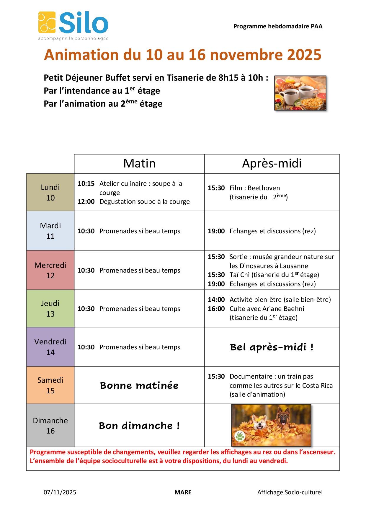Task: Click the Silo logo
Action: [73, 25]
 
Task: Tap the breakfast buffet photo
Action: [300, 93]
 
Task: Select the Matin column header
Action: [139, 164]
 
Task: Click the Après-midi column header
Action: [272, 164]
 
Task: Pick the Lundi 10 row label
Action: [50, 193]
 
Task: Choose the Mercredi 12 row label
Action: [50, 270]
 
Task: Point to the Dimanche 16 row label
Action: [50, 426]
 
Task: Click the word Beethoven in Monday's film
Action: [264, 188]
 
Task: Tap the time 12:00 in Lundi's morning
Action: [86, 202]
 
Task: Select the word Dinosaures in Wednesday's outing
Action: [257, 266]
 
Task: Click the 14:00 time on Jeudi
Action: [216, 300]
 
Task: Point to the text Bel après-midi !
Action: [272, 347]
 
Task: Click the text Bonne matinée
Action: [139, 385]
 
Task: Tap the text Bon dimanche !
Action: [139, 426]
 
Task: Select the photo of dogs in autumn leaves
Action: [271, 425]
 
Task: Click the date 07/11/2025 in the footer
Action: [60, 492]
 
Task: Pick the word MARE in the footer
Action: [183, 492]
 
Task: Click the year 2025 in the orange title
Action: [304, 55]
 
